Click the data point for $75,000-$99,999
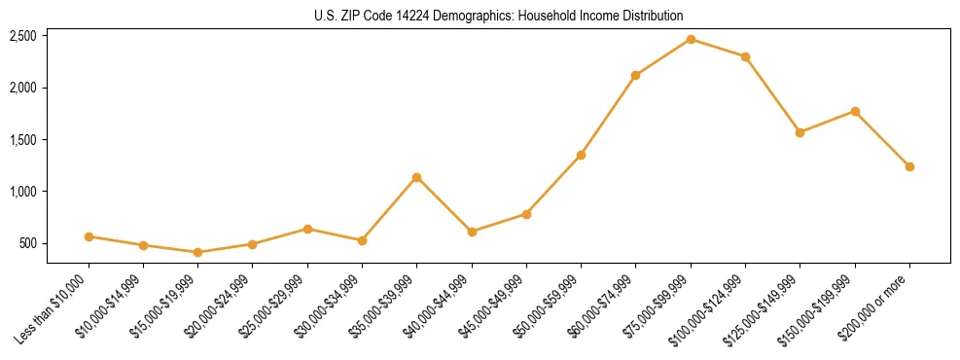[691, 39]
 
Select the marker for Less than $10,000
[89, 236]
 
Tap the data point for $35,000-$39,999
[416, 177]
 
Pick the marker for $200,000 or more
[909, 166]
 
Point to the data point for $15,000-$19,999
[198, 252]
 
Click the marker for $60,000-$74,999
[635, 75]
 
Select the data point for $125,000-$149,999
[800, 132]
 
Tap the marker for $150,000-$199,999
[855, 111]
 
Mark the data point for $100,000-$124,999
[745, 56]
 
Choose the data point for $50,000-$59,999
[581, 155]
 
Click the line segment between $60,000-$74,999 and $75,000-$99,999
[663, 56]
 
